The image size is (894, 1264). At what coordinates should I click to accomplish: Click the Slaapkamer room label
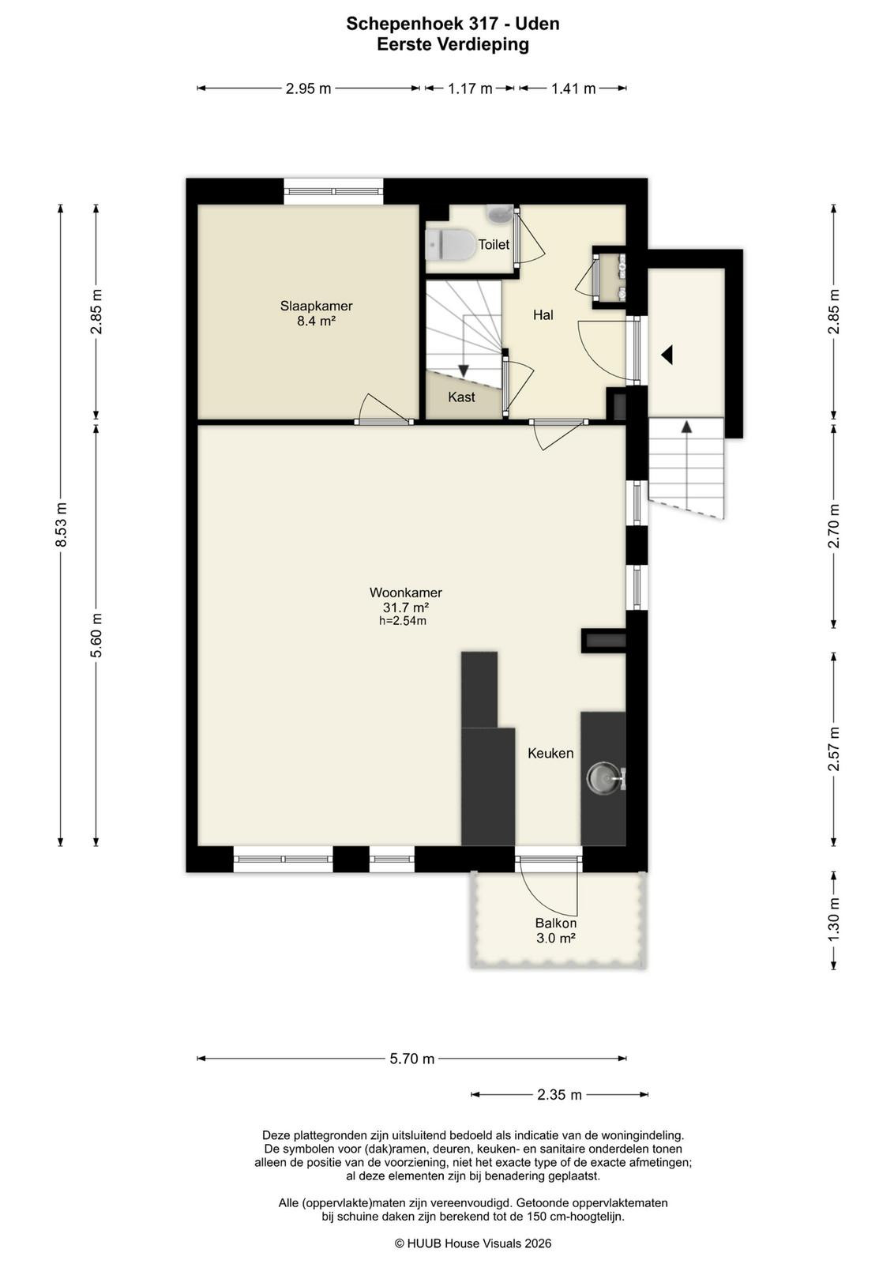pos(316,306)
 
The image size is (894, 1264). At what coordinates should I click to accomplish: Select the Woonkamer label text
pos(406,592)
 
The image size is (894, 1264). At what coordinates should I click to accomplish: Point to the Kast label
pos(461,397)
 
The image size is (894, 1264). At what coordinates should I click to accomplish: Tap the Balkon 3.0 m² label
pos(556,931)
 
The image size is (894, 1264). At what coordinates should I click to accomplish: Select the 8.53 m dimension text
pos(62,525)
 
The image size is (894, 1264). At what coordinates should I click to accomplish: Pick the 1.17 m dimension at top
pos(470,88)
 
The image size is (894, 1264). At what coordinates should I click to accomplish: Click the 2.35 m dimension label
pos(559,1095)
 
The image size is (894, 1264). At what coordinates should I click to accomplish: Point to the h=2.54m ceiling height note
pos(402,621)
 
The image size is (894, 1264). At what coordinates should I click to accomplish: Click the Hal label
pos(543,315)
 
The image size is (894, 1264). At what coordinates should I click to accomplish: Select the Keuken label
pos(550,753)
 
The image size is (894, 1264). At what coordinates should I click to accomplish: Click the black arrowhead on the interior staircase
pos(464,371)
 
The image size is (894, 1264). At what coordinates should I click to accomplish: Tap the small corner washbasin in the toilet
pos(499,213)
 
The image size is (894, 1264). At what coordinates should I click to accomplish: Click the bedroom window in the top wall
pos(333,191)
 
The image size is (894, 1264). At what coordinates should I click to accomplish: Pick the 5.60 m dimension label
pos(96,635)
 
